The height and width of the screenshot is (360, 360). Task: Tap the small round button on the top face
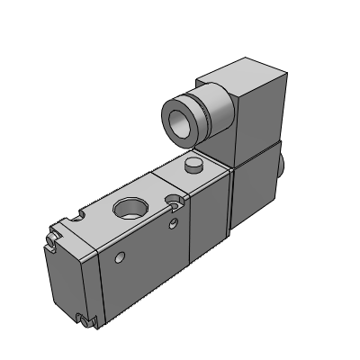[x=193, y=166]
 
